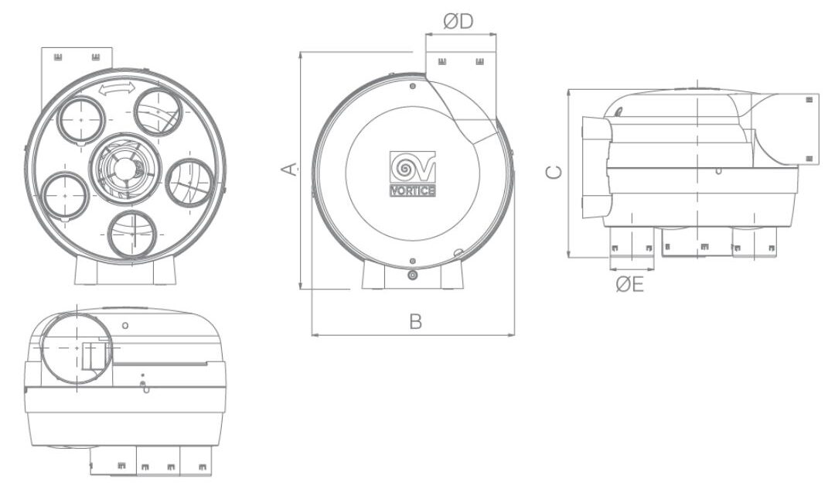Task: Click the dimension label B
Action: pyautogui.click(x=415, y=322)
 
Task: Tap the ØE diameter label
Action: pyautogui.click(x=630, y=285)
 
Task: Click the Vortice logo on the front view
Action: pyautogui.click(x=412, y=175)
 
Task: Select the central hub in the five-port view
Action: pyautogui.click(x=123, y=164)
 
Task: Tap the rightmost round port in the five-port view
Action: pyautogui.click(x=189, y=180)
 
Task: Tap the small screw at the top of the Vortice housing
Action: pyautogui.click(x=412, y=86)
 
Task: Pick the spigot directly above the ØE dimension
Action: pyautogui.click(x=632, y=244)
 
